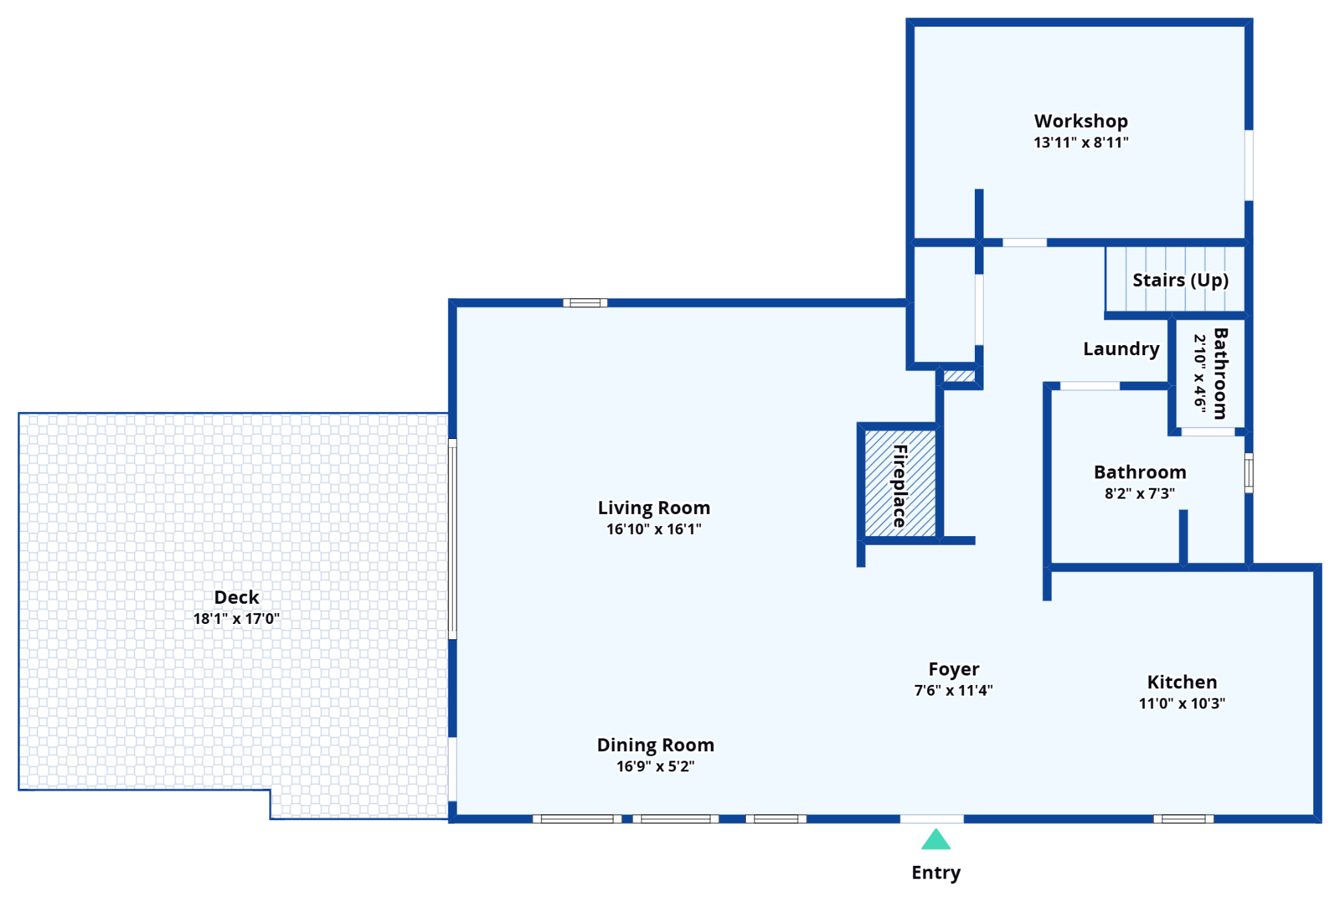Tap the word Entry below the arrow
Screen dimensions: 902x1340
tap(937, 873)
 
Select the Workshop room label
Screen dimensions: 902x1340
tap(1081, 121)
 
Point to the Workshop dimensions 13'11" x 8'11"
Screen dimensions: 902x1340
tap(1081, 143)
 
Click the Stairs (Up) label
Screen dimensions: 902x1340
tap(1180, 280)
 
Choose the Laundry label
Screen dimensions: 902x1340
tap(1121, 349)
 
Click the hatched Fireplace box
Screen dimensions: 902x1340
tap(900, 483)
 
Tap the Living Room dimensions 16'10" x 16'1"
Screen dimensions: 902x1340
tap(654, 529)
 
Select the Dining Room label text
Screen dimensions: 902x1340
tap(655, 745)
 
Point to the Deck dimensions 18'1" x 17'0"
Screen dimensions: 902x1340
tap(237, 619)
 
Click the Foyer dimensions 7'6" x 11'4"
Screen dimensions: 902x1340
tap(953, 690)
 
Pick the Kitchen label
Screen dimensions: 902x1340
tap(1182, 682)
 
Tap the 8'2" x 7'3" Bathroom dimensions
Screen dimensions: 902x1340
tap(1140, 494)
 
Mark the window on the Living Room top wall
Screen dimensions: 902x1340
tap(585, 303)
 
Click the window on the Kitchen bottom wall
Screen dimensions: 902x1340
tap(1183, 819)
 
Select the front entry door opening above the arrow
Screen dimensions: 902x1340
tap(931, 819)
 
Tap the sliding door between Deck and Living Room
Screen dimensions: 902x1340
tap(452, 539)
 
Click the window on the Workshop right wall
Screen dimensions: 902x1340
tap(1249, 165)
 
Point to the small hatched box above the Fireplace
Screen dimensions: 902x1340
tap(959, 376)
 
